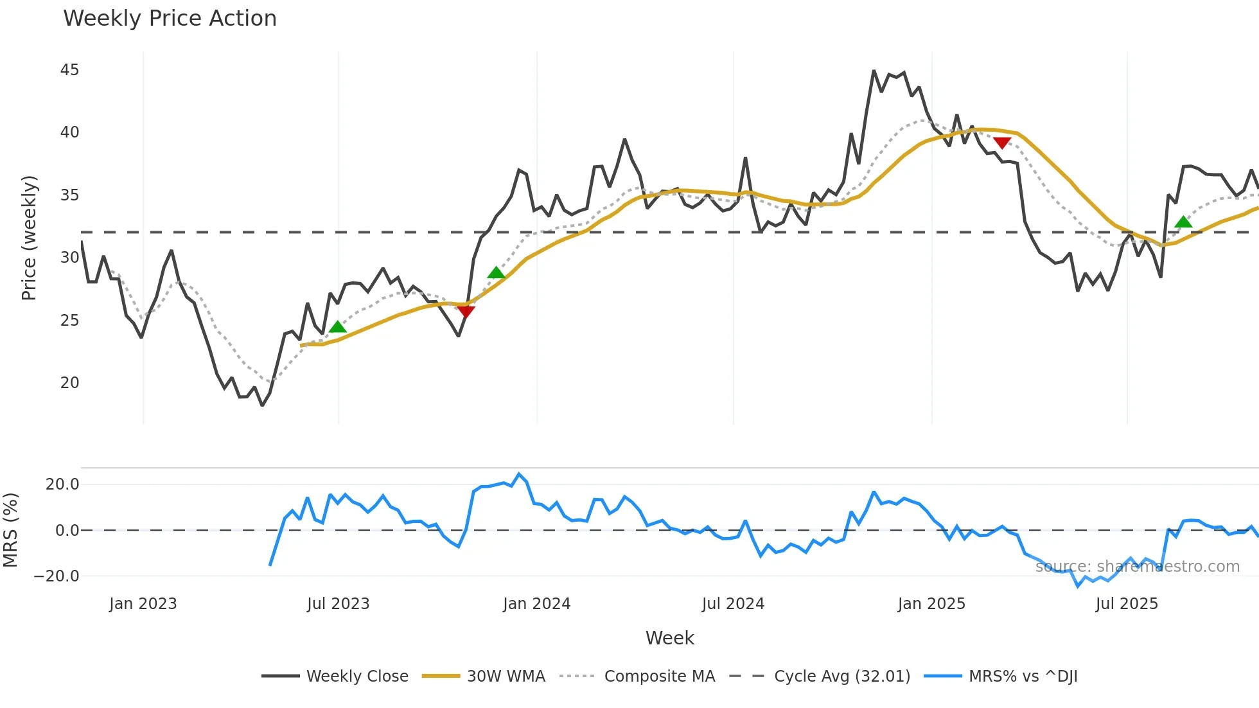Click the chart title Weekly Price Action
(170, 19)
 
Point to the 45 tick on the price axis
(69, 69)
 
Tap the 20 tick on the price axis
(69, 383)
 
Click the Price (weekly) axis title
(29, 238)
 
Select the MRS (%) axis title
(11, 530)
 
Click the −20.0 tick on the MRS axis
(57, 576)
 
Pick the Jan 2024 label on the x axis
(536, 604)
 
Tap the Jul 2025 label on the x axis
(1127, 604)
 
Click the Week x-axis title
(669, 638)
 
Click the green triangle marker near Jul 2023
(338, 327)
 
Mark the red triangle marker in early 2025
(1002, 143)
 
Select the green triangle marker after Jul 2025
(1183, 222)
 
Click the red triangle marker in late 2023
(466, 312)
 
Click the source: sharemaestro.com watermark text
(1137, 567)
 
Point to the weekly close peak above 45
(874, 71)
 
